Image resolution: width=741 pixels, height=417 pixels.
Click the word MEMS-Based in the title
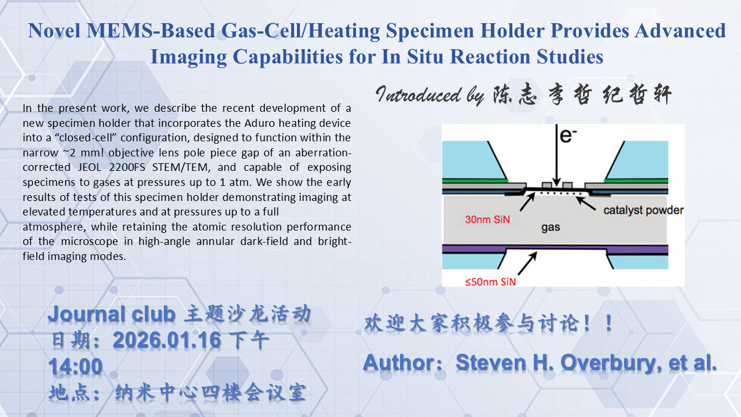[x=151, y=31]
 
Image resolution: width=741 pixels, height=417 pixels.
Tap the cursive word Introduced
[x=419, y=94]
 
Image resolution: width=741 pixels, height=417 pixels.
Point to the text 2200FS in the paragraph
[x=127, y=167]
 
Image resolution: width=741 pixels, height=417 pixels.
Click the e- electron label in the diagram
[x=568, y=136]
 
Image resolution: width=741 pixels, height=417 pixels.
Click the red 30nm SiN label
[x=487, y=220]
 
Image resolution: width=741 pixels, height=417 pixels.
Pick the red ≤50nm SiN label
[x=490, y=282]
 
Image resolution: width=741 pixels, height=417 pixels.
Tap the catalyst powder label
[x=643, y=210]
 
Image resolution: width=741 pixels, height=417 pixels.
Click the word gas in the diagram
[x=551, y=228]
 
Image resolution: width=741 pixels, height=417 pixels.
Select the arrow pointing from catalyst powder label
[x=585, y=203]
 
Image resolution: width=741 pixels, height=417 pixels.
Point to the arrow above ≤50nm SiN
[x=527, y=264]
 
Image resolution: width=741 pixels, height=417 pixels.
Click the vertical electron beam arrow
[x=556, y=156]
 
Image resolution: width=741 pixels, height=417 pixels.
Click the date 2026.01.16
[x=167, y=340]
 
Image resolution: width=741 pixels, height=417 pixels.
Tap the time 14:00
[x=75, y=367]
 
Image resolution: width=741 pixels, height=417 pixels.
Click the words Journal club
[x=112, y=314]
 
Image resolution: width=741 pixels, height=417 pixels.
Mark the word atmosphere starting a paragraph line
[x=54, y=227]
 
